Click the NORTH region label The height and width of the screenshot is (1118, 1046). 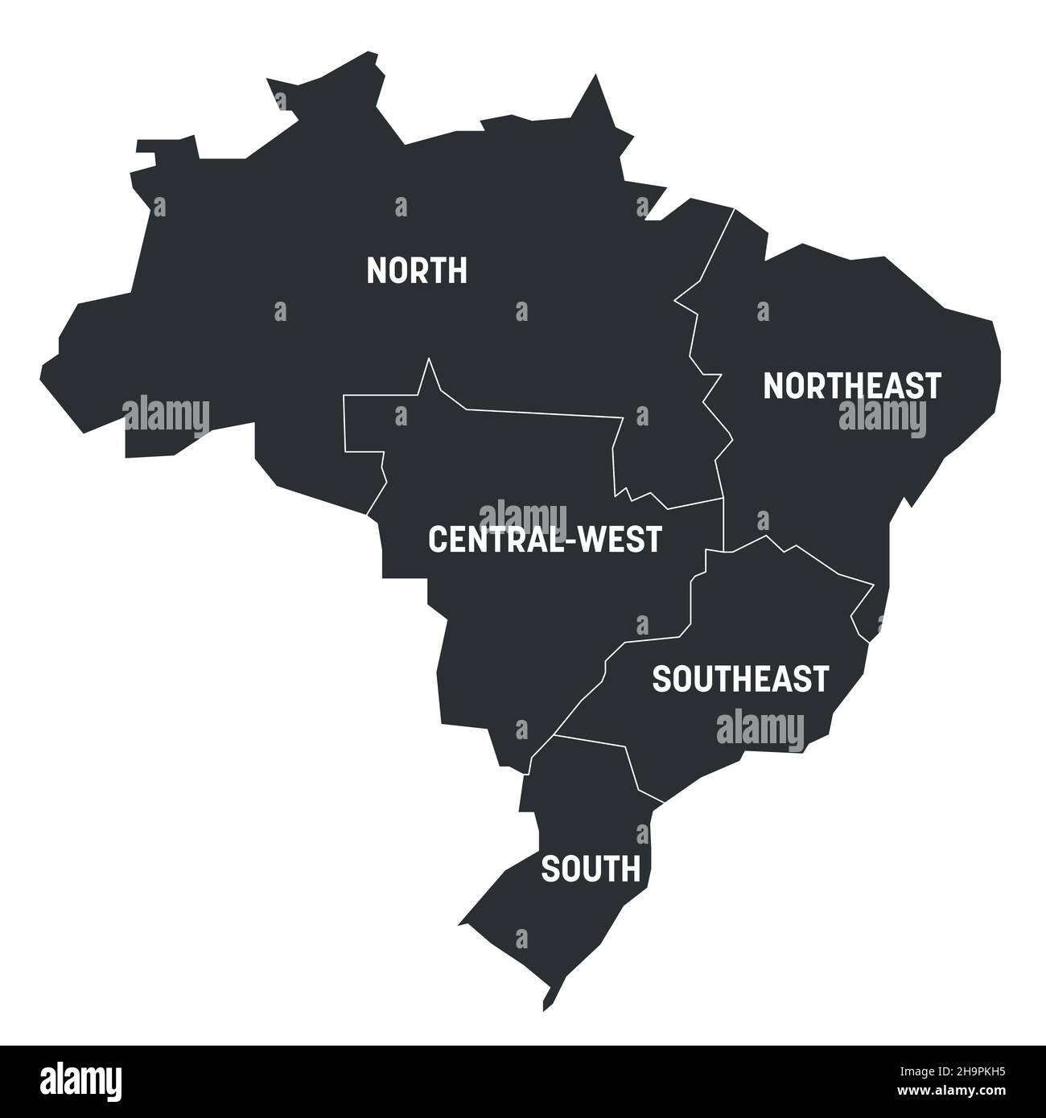point(416,271)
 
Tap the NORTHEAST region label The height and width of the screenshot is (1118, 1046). point(851,386)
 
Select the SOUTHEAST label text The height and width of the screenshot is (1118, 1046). point(739,679)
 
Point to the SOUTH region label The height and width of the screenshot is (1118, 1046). point(591,869)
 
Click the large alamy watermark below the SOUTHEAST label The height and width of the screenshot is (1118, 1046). point(760,728)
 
